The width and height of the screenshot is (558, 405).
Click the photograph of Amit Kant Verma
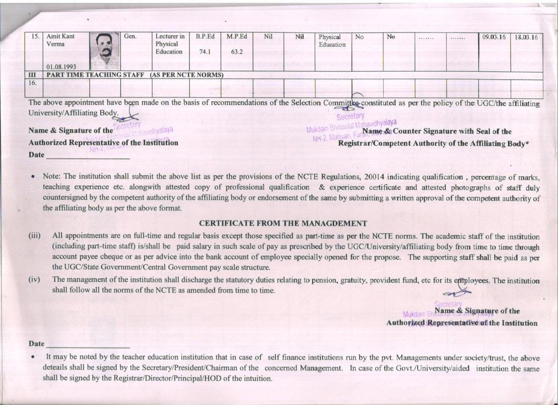(x=105, y=51)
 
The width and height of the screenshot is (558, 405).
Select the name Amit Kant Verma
(x=61, y=40)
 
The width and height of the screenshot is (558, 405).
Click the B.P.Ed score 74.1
(x=205, y=52)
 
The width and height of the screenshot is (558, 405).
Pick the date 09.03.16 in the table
(x=494, y=37)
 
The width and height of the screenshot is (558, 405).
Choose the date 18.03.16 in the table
(x=526, y=37)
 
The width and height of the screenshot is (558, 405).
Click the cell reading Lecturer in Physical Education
(x=170, y=44)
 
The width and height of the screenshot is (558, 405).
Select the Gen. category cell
(x=130, y=36)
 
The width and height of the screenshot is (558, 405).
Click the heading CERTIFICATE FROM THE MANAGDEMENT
(x=283, y=223)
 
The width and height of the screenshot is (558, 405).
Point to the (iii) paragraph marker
(x=35, y=236)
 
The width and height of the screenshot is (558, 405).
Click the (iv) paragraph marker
(x=35, y=280)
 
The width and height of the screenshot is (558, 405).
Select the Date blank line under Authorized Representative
(x=88, y=156)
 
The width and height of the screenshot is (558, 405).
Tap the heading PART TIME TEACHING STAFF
(x=95, y=75)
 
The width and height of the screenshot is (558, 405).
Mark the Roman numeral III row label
(x=33, y=75)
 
